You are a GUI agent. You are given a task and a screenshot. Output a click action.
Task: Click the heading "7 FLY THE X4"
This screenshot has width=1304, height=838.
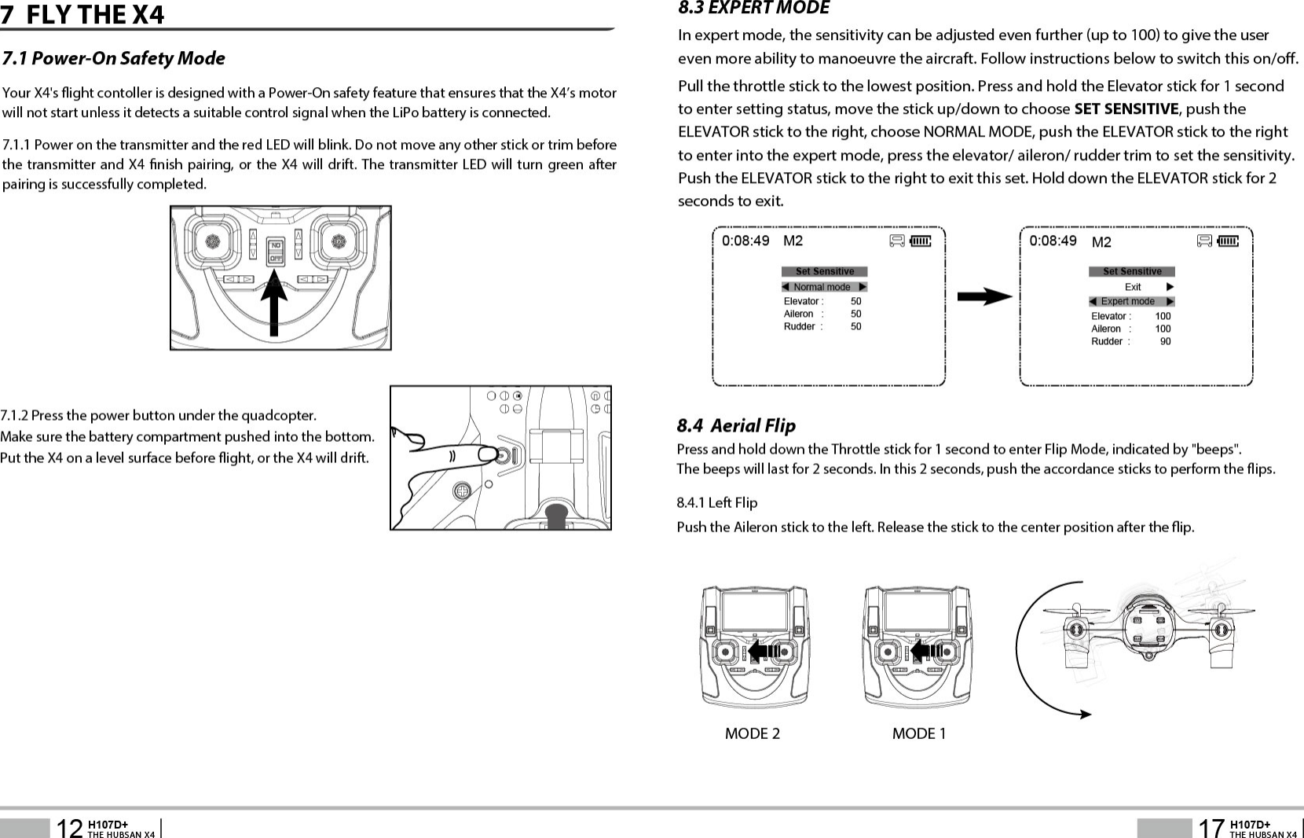84,14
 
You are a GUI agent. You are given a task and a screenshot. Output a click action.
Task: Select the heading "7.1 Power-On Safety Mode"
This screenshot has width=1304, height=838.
114,58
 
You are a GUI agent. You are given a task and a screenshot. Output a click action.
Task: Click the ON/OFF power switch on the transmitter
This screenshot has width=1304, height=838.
276,251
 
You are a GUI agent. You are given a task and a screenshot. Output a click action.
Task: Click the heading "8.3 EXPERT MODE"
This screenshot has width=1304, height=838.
753,9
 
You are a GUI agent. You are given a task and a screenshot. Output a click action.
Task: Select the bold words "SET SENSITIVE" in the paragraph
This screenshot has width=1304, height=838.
1126,108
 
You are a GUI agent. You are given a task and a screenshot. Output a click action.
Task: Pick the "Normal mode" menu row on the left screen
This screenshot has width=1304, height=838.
824,287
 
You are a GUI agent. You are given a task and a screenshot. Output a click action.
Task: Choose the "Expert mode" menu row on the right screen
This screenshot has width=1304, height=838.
1130,301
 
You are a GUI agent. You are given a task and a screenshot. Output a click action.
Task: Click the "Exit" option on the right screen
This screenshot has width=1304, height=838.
1133,287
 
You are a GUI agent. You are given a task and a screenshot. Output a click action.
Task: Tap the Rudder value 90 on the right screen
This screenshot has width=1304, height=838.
1165,341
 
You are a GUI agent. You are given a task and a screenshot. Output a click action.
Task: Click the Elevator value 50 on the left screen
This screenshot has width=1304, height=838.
855,301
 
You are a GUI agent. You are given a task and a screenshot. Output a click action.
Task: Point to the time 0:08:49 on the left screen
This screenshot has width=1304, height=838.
745,241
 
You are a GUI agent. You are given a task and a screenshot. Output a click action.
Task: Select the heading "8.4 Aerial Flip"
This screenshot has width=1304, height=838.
736,425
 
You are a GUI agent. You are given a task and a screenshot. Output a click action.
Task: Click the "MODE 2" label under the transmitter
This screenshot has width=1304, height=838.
753,733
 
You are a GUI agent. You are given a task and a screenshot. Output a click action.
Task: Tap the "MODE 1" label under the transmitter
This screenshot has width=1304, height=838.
919,733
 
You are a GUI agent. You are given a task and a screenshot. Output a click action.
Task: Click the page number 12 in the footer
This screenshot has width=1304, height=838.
70,828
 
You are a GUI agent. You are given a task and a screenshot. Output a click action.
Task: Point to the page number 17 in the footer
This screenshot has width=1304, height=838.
1211,828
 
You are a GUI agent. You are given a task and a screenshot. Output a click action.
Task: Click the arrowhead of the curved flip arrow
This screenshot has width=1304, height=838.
1085,714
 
